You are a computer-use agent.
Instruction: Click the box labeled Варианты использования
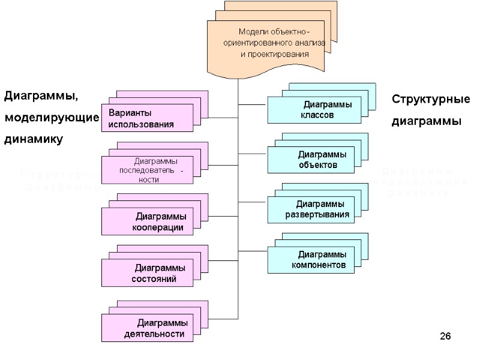coord(147,118)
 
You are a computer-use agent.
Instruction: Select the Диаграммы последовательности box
coord(147,170)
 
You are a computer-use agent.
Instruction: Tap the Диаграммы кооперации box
coord(147,222)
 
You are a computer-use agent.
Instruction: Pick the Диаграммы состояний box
coord(147,273)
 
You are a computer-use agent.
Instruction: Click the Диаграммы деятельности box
coord(147,328)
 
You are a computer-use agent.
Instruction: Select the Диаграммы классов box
coord(314,110)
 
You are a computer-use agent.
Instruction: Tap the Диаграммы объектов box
coord(314,160)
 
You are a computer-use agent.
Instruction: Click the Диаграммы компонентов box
coord(314,259)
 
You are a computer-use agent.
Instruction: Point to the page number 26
coord(445,335)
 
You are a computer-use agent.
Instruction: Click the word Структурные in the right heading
coord(431,99)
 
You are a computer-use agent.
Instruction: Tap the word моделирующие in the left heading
coord(51,118)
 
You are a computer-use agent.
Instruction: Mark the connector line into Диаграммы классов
coord(252,104)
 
